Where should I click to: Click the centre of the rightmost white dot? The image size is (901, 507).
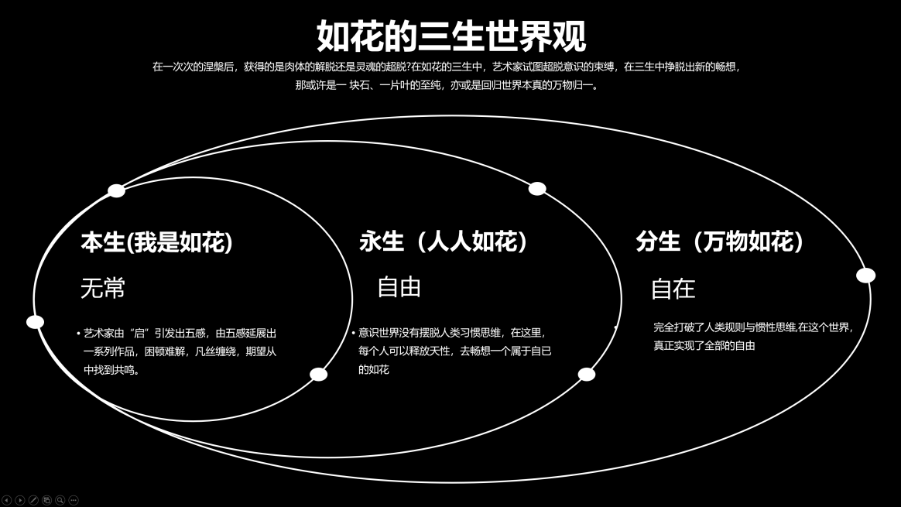pyautogui.click(x=866, y=276)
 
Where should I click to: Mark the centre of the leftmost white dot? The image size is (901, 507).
pyautogui.click(x=36, y=322)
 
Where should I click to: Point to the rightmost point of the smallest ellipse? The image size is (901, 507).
pyautogui.click(x=352, y=299)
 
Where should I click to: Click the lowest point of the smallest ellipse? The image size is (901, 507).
pyautogui.click(x=193, y=421)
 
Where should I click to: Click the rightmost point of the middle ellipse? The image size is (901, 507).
pyautogui.click(x=621, y=299)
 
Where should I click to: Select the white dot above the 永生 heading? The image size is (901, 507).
pyautogui.click(x=537, y=189)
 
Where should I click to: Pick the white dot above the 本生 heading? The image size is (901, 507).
pyautogui.click(x=117, y=191)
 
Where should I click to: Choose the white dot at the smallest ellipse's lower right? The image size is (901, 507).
pyautogui.click(x=318, y=374)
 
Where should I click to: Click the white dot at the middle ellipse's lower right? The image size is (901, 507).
pyautogui.click(x=586, y=374)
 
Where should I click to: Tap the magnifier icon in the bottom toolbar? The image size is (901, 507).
pyautogui.click(x=60, y=501)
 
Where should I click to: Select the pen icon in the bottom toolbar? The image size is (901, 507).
pyautogui.click(x=33, y=501)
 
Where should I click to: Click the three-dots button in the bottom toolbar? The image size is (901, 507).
pyautogui.click(x=74, y=501)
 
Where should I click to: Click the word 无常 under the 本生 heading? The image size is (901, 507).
pyautogui.click(x=103, y=288)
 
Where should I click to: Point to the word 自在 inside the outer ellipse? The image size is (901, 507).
pyautogui.click(x=673, y=289)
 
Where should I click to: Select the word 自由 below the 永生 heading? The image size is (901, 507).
pyautogui.click(x=399, y=287)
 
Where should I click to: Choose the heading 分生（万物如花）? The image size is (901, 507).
pyautogui.click(x=719, y=242)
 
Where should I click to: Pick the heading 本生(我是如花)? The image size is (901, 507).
pyautogui.click(x=157, y=242)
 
